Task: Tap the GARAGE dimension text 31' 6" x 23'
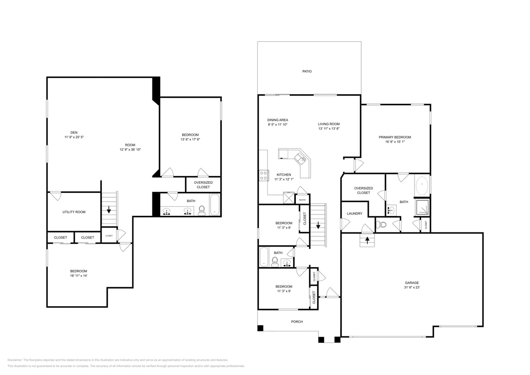pyautogui.click(x=411, y=288)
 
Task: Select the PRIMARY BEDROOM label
pyautogui.click(x=395, y=137)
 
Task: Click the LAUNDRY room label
pyautogui.click(x=355, y=214)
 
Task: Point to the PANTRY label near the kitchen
pyautogui.click(x=302, y=200)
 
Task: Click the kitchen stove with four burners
pyautogui.click(x=263, y=176)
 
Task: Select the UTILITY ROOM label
pyautogui.click(x=74, y=212)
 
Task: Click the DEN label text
pyautogui.click(x=74, y=132)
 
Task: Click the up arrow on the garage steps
pyautogui.click(x=367, y=240)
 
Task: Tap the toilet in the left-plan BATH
pyautogui.click(x=201, y=211)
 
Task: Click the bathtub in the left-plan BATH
pyautogui.click(x=215, y=205)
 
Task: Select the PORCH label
pyautogui.click(x=297, y=322)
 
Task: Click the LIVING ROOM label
pyautogui.click(x=329, y=124)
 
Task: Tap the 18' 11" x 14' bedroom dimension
pyautogui.click(x=78, y=276)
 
